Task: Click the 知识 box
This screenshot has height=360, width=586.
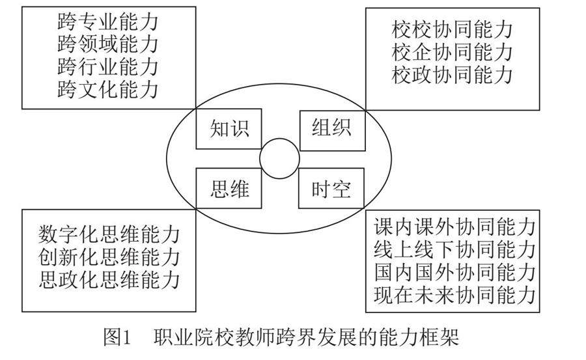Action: (229, 129)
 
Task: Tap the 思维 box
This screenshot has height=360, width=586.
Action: (229, 189)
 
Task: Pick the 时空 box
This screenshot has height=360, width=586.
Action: (331, 189)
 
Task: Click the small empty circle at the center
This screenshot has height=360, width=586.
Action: (279, 158)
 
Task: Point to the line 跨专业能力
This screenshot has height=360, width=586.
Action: (107, 22)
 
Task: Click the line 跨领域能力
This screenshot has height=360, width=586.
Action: (107, 44)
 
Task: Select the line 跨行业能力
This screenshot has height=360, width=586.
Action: (107, 66)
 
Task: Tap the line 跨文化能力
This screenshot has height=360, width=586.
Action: (107, 89)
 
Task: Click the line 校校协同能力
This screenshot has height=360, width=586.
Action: (453, 29)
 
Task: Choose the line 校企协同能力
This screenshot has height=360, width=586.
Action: (453, 52)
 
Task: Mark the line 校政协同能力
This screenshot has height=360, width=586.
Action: (453, 74)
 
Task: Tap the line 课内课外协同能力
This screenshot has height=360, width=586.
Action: (454, 227)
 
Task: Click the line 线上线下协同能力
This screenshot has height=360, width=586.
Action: (454, 249)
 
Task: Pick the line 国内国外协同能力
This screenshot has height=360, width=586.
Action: (454, 272)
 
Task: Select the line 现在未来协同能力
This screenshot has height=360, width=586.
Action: (454, 295)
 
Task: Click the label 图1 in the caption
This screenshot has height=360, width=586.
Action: (118, 338)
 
